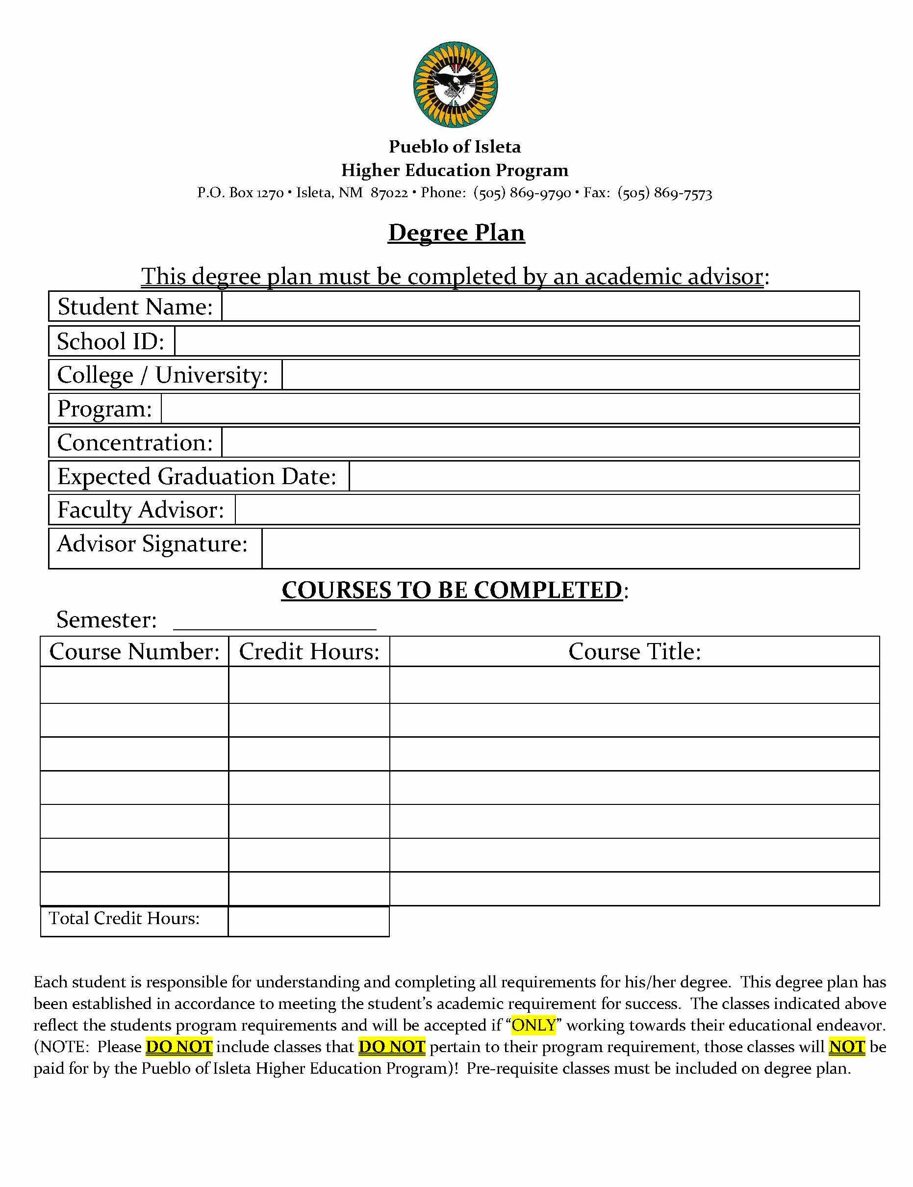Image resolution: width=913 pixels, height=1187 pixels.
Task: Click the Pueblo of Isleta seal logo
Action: (456, 85)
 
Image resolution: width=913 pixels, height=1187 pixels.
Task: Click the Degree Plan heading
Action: (456, 232)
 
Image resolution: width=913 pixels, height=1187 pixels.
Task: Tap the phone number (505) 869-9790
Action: (522, 193)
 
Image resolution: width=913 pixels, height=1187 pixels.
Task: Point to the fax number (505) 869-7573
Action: (664, 193)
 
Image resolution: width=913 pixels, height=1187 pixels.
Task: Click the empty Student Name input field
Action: (540, 307)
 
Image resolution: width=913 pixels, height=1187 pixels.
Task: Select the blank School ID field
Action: (516, 341)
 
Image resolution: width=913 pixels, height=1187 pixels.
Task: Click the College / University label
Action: (162, 375)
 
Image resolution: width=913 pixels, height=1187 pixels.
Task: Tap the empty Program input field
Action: (510, 409)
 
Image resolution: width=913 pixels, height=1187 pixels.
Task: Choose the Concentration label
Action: (135, 442)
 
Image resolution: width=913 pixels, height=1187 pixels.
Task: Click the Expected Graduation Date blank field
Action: (603, 476)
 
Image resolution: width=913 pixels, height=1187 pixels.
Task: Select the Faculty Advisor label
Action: (141, 510)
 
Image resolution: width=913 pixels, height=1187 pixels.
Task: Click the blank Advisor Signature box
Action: (560, 548)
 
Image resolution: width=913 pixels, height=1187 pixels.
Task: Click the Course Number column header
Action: (134, 652)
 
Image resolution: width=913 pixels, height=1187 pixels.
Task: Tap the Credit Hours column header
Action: (309, 652)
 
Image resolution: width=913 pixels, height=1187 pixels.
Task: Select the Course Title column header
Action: (634, 652)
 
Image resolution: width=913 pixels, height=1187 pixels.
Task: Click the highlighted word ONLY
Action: (533, 1025)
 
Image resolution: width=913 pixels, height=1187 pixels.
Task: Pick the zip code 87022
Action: (389, 193)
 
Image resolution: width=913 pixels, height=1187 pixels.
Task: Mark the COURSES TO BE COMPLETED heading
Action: (452, 590)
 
